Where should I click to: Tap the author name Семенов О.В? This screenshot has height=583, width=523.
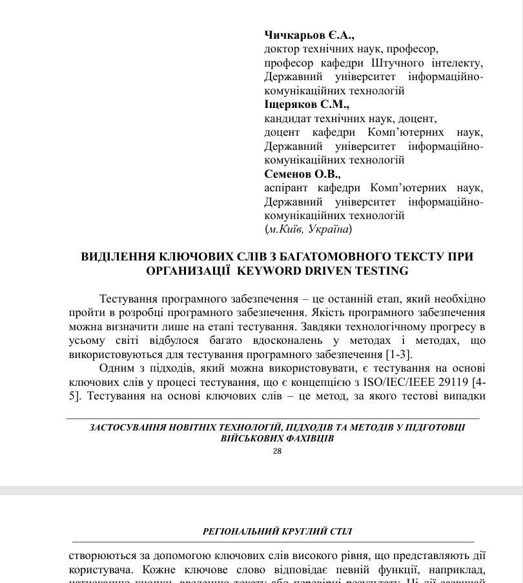302,174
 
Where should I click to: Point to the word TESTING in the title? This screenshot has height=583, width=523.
382,271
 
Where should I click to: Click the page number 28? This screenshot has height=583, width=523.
277,451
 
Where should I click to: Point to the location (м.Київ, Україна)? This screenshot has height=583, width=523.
309,229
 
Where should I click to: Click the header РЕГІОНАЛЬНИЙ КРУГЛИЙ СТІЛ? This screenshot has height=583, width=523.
277,532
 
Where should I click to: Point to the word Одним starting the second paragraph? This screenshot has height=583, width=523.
116,368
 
